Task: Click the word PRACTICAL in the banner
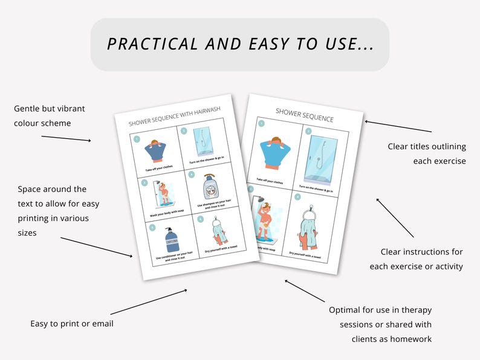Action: click(x=152, y=44)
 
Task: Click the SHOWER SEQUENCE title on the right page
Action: click(x=304, y=115)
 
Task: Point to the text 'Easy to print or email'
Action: click(x=72, y=324)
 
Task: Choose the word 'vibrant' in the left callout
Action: click(x=69, y=109)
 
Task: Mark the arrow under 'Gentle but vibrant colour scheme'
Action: click(x=66, y=138)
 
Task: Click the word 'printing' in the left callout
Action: click(x=34, y=218)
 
